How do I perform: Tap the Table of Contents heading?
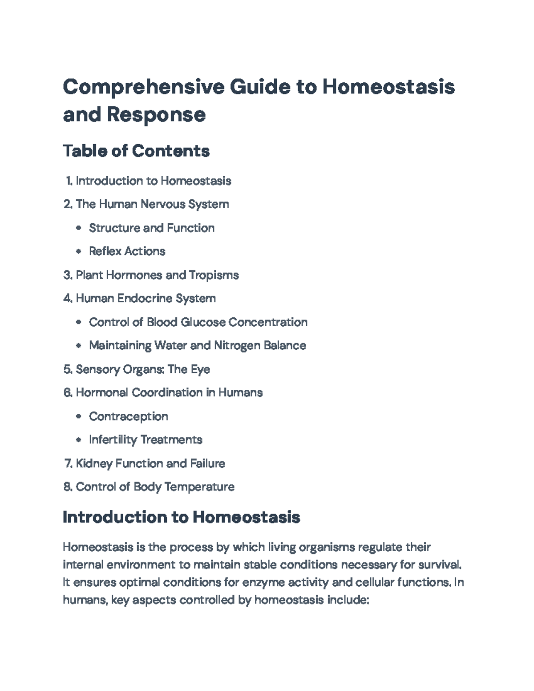136,151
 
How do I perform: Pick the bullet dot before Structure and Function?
79,228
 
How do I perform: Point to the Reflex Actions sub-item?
127,251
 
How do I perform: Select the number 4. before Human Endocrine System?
68,299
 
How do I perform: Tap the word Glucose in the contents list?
203,322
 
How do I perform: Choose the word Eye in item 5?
200,369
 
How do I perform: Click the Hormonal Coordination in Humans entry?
169,393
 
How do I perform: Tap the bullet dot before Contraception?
79,416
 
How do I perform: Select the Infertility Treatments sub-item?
146,440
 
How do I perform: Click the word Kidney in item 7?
94,464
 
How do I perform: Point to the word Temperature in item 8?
199,487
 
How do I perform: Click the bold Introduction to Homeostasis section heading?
181,517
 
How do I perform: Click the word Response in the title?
156,115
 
